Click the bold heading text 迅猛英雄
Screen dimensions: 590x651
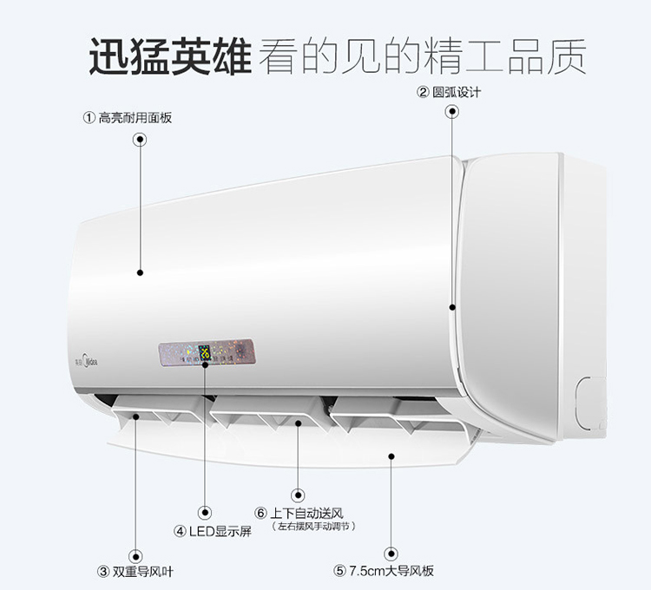tap(170, 55)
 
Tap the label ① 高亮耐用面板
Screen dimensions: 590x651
tap(128, 117)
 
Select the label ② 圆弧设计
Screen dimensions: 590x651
tap(449, 93)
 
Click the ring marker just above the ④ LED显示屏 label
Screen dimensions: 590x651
tap(206, 512)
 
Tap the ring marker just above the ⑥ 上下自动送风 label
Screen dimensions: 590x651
tap(299, 492)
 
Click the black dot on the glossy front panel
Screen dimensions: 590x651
tap(139, 272)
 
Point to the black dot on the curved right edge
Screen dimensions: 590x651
tap(452, 306)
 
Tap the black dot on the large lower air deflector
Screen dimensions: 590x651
tap(392, 454)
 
